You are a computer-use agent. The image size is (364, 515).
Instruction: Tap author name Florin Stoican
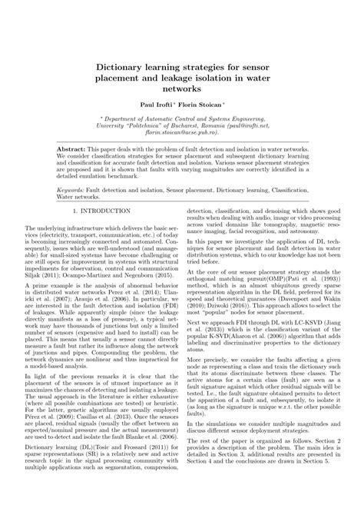(201, 101)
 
